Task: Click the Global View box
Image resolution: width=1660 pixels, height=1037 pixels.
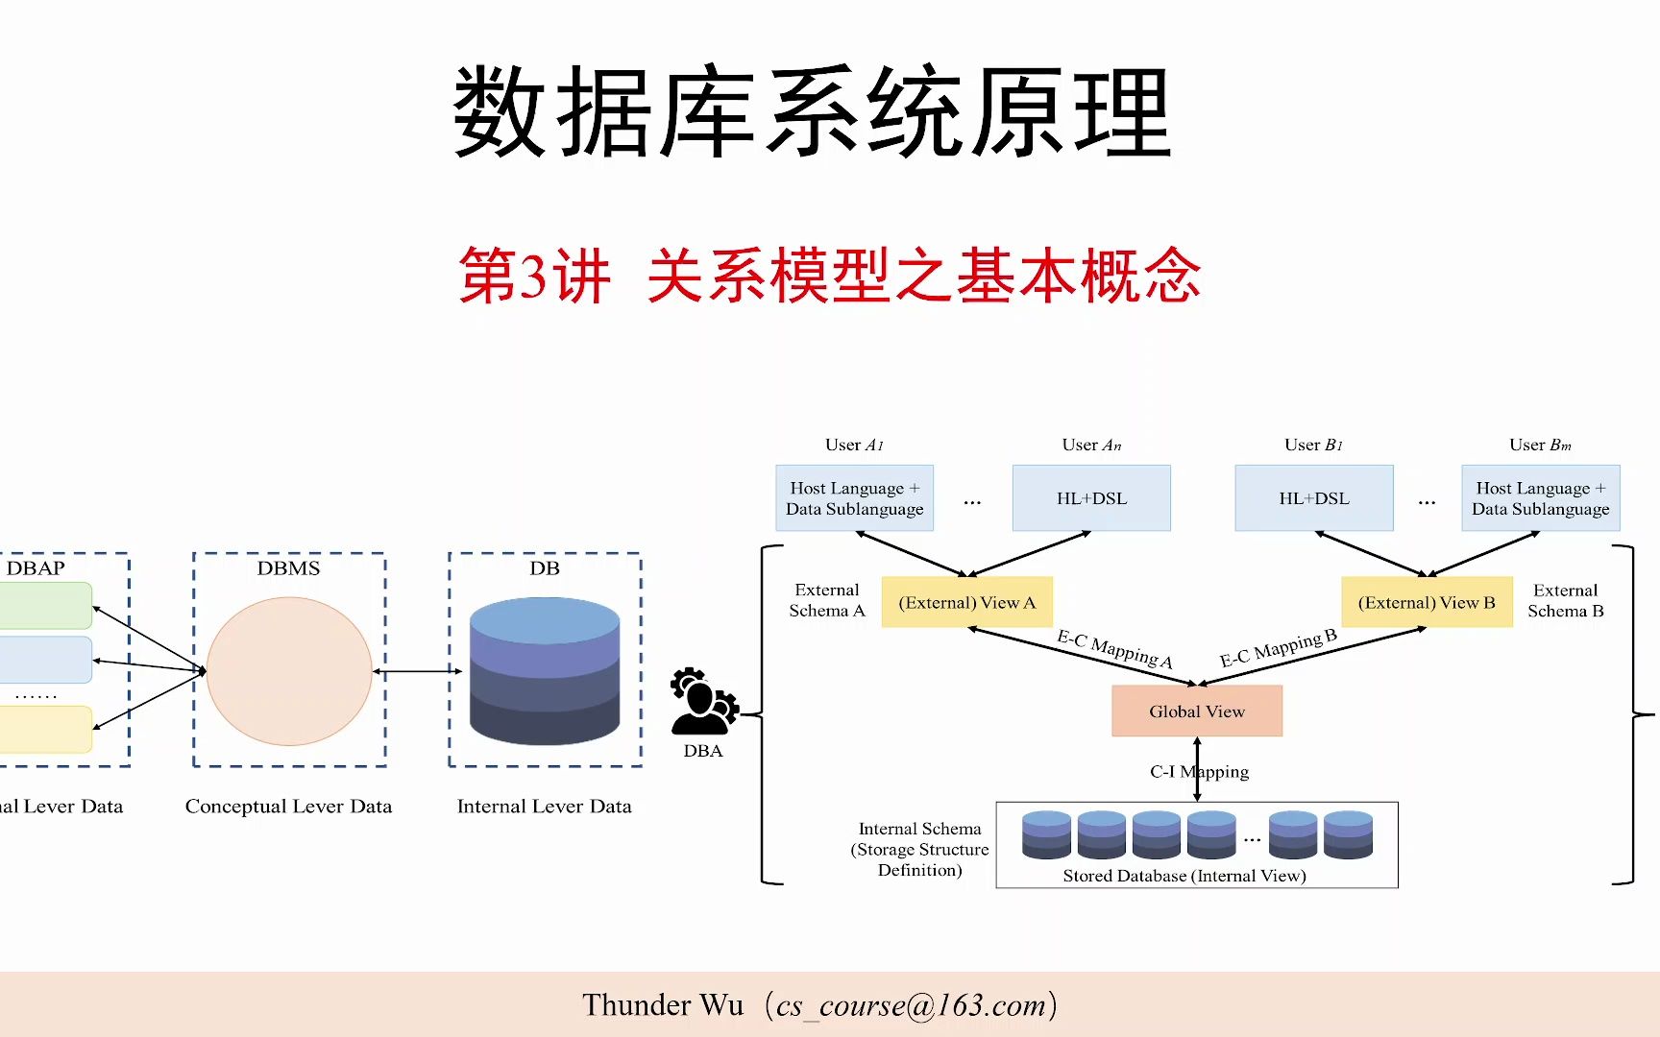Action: pos(1196,711)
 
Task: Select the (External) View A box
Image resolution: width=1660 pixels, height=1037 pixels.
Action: pos(966,602)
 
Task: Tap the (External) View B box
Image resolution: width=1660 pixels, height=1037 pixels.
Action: pos(1427,602)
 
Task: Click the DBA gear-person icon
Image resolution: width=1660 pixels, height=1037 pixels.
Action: pos(704,702)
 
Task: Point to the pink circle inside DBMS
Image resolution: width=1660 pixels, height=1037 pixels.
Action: pos(289,671)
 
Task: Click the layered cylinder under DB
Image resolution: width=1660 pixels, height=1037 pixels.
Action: pos(545,671)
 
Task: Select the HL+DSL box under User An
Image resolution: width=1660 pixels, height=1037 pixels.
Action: pos(1091,498)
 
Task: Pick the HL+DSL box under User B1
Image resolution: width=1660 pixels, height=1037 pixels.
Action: pos(1313,498)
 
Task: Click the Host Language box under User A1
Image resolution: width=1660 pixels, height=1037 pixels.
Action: pos(854,498)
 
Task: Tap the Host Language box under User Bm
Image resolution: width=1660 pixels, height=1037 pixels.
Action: pos(1540,498)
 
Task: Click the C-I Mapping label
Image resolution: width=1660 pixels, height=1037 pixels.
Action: pos(1199,771)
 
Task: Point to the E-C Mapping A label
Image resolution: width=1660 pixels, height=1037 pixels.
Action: pos(1114,649)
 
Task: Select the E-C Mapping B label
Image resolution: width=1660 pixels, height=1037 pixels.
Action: pos(1278,648)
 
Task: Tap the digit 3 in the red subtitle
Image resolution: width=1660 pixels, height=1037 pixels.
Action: pos(532,277)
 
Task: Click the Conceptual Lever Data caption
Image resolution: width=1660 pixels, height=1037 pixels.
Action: pos(288,807)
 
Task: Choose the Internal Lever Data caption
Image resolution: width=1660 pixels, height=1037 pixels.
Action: pos(544,807)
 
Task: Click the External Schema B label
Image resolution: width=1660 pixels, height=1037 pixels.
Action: pos(1565,601)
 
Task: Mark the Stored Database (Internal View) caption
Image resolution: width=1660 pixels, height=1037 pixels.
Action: pos(1184,876)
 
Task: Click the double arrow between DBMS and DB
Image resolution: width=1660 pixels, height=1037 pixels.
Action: pos(417,671)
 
